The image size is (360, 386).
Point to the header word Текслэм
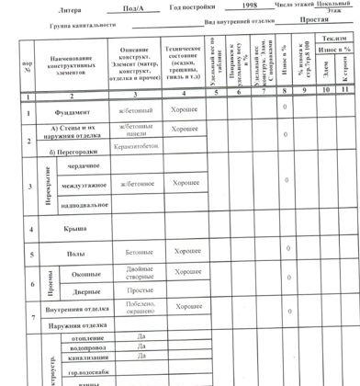[x=333, y=40]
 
